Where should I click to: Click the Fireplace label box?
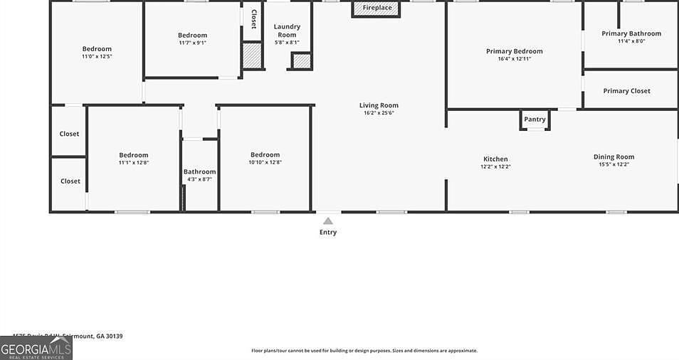coord(377,9)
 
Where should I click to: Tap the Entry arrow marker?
coord(328,221)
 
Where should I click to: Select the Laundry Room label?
coord(287,31)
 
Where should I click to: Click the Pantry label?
coord(535,120)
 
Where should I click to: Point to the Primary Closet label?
coord(626,91)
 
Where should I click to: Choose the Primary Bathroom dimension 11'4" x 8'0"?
coord(631,41)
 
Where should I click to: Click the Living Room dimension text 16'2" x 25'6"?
coord(378,112)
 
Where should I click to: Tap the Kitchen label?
coord(495,159)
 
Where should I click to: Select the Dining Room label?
coord(614,157)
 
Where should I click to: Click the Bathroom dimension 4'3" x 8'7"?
coord(199,179)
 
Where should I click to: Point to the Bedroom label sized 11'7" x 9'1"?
coord(192,35)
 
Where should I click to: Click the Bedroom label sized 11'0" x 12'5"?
coord(97,49)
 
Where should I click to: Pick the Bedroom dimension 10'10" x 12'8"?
coord(265,162)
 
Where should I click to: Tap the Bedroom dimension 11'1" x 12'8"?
coord(133,162)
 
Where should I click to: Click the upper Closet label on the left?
coord(69,134)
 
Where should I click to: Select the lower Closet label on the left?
coord(70,181)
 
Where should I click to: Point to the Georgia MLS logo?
coord(36,348)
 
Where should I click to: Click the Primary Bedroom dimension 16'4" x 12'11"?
coord(514,58)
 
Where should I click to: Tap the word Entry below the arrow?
coord(328,233)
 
